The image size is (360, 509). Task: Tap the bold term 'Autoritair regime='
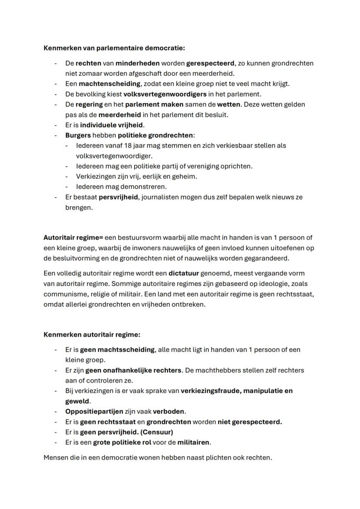coord(73,238)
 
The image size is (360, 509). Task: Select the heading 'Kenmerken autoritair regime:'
coord(92,335)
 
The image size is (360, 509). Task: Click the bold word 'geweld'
coord(77,401)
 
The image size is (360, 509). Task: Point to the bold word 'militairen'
coord(193,442)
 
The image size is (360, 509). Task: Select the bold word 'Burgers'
coord(78,136)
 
